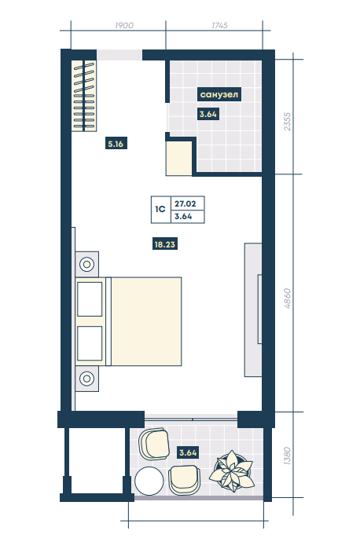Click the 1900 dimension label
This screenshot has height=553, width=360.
pyautogui.click(x=124, y=25)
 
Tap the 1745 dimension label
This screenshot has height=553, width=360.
pyautogui.click(x=219, y=25)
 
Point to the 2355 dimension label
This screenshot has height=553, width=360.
pyautogui.click(x=288, y=122)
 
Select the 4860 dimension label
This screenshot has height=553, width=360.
pyautogui.click(x=288, y=298)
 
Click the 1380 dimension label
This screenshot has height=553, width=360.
pyautogui.click(x=288, y=456)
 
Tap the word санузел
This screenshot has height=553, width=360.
pyautogui.click(x=219, y=94)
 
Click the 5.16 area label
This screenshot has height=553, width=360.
pyautogui.click(x=116, y=144)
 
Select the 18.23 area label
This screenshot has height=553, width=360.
pyautogui.click(x=164, y=244)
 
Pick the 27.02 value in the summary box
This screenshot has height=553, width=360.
pyautogui.click(x=186, y=203)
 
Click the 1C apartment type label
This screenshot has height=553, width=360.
pyautogui.click(x=160, y=209)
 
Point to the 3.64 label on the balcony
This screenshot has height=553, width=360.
pyautogui.click(x=188, y=452)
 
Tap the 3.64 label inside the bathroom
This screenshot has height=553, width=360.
pyautogui.click(x=208, y=114)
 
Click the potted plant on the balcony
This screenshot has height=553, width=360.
pyautogui.click(x=232, y=471)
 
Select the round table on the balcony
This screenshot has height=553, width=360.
pyautogui.click(x=149, y=481)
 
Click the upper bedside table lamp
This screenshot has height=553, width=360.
pyautogui.click(x=86, y=264)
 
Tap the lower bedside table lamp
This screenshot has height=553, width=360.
pyautogui.click(x=86, y=379)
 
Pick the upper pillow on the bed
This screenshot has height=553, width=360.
pyautogui.click(x=90, y=299)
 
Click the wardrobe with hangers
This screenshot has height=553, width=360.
pyautogui.click(x=84, y=96)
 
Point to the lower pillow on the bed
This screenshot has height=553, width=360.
pyautogui.click(x=90, y=343)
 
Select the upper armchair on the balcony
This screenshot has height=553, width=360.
pyautogui.click(x=154, y=444)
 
